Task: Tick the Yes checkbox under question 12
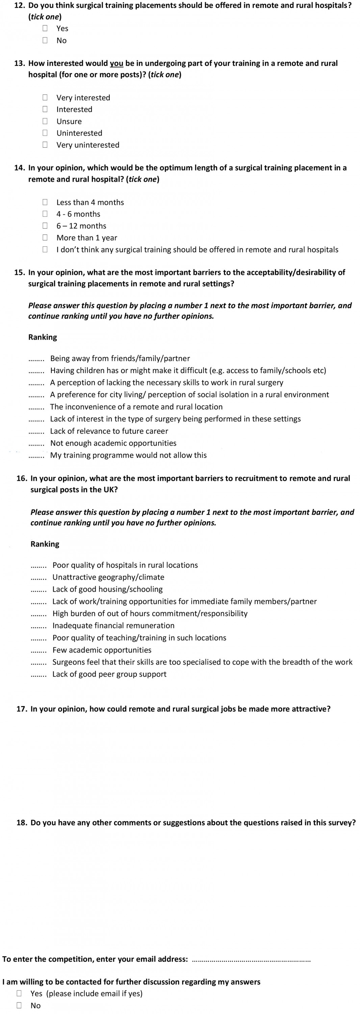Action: pyautogui.click(x=45, y=28)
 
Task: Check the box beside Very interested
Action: pyautogui.click(x=45, y=97)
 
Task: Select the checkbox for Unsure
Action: pyautogui.click(x=45, y=121)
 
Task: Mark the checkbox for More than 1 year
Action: pyautogui.click(x=45, y=237)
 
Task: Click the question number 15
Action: pyautogui.click(x=20, y=272)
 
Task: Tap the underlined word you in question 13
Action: pyautogui.click(x=117, y=64)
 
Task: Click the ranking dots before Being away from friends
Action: pyautogui.click(x=36, y=359)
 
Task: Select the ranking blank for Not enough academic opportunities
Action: pyautogui.click(x=36, y=443)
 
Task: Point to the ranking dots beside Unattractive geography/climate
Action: pyautogui.click(x=38, y=578)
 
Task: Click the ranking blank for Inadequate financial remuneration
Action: pyautogui.click(x=38, y=626)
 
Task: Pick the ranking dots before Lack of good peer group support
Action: pyautogui.click(x=38, y=675)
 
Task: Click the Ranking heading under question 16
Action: pyautogui.click(x=45, y=544)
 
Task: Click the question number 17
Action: pyautogui.click(x=22, y=709)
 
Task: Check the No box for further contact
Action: pyautogui.click(x=19, y=1005)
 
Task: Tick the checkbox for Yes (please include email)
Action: pyautogui.click(x=19, y=993)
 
